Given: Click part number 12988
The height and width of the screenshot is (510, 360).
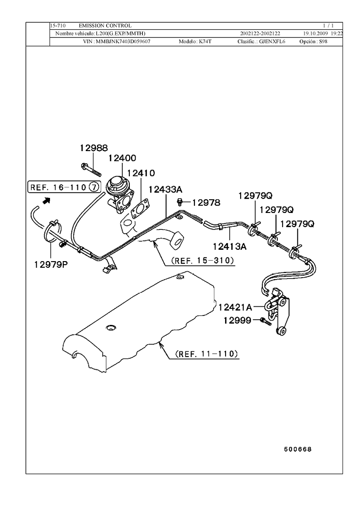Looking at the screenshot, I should click(x=93, y=148).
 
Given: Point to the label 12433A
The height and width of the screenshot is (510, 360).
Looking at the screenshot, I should click(x=165, y=190).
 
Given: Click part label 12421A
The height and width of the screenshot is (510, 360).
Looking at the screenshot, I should click(x=235, y=307).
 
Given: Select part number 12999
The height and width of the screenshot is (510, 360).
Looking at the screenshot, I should click(x=237, y=321).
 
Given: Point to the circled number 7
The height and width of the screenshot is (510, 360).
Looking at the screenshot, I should click(x=94, y=187).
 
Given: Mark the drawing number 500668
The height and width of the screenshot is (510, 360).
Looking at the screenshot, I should click(x=298, y=449).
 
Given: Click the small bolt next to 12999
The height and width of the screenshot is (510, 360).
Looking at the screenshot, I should click(x=264, y=321).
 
